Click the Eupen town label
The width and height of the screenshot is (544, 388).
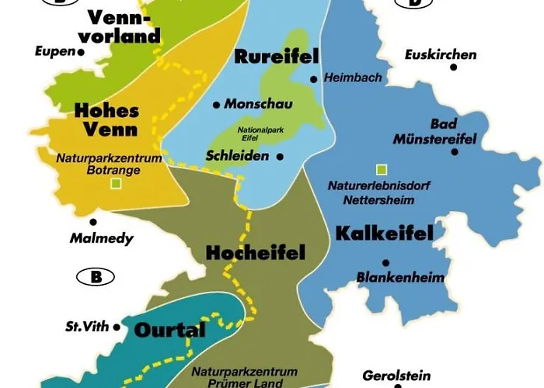point(54,51)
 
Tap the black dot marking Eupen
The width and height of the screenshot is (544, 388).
point(81,53)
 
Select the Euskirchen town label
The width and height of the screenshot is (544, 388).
point(441,55)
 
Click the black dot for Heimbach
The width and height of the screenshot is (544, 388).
point(313,79)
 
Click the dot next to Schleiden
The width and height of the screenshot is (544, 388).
point(280,157)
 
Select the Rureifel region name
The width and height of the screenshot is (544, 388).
point(267,57)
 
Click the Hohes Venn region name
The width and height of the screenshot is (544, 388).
point(106,120)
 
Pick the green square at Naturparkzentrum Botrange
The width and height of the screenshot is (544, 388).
point(116,184)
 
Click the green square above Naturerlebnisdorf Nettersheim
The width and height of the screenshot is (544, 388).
point(381,169)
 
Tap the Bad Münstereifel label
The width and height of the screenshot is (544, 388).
point(455,132)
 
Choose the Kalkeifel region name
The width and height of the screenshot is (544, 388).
point(383,232)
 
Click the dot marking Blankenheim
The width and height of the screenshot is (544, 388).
point(385,262)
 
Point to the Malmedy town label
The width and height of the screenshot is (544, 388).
point(102,238)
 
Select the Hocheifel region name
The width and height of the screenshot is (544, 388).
point(255,252)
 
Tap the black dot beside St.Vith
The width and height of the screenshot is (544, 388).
point(117,327)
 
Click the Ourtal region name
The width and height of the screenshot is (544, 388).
point(170,330)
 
